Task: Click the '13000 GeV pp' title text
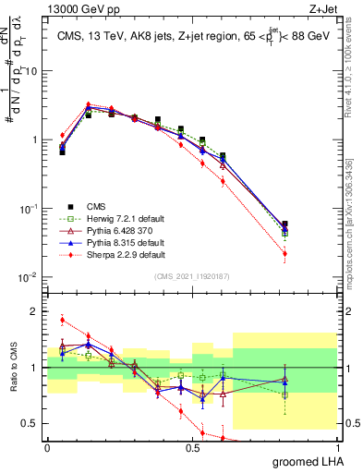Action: coord(80,8)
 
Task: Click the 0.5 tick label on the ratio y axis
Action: coord(32,424)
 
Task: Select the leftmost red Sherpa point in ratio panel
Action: coord(62,321)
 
